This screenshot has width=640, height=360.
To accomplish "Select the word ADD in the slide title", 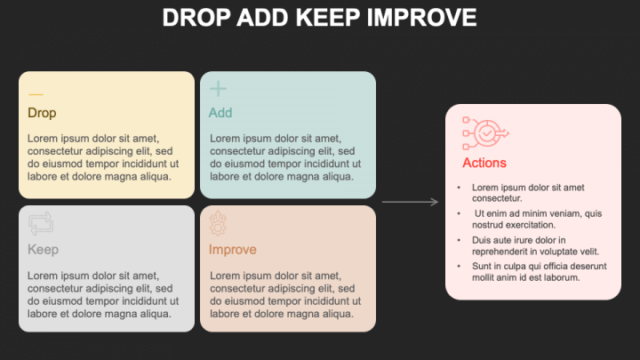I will [262, 18].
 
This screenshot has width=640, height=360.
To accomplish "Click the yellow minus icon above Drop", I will [36, 94].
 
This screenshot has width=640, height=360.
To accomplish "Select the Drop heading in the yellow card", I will [42, 113].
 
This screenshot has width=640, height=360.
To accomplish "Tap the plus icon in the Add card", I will [218, 88].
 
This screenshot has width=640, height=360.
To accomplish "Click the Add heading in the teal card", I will [220, 113].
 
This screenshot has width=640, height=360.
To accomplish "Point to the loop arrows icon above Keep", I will [41, 223].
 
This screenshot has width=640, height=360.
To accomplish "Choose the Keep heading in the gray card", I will [43, 250].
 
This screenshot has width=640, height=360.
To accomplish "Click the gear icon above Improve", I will [219, 223].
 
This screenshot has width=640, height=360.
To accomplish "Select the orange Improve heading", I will [232, 250].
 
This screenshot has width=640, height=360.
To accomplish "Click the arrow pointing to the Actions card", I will [410, 204].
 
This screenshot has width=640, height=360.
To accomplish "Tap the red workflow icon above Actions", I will [484, 133].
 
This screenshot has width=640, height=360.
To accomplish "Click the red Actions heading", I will [484, 163].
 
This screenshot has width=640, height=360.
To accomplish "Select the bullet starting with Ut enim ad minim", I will [538, 219].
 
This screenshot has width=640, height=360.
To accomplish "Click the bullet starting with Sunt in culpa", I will [539, 271].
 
